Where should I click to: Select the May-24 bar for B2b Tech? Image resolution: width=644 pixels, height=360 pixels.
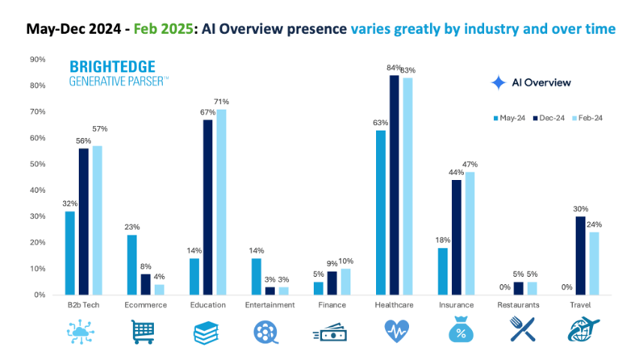(70, 253)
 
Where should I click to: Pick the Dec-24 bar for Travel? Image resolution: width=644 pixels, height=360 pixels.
(580, 256)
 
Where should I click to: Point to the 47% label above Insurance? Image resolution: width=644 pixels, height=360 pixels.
(470, 164)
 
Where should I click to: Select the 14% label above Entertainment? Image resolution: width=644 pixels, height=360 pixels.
(257, 251)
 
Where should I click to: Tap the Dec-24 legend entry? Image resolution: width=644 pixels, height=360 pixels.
(549, 118)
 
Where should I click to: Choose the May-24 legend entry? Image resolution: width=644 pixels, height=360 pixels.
(510, 118)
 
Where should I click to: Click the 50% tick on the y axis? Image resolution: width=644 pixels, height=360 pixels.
(37, 164)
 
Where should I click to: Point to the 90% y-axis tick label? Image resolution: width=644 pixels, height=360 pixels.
(37, 59)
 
